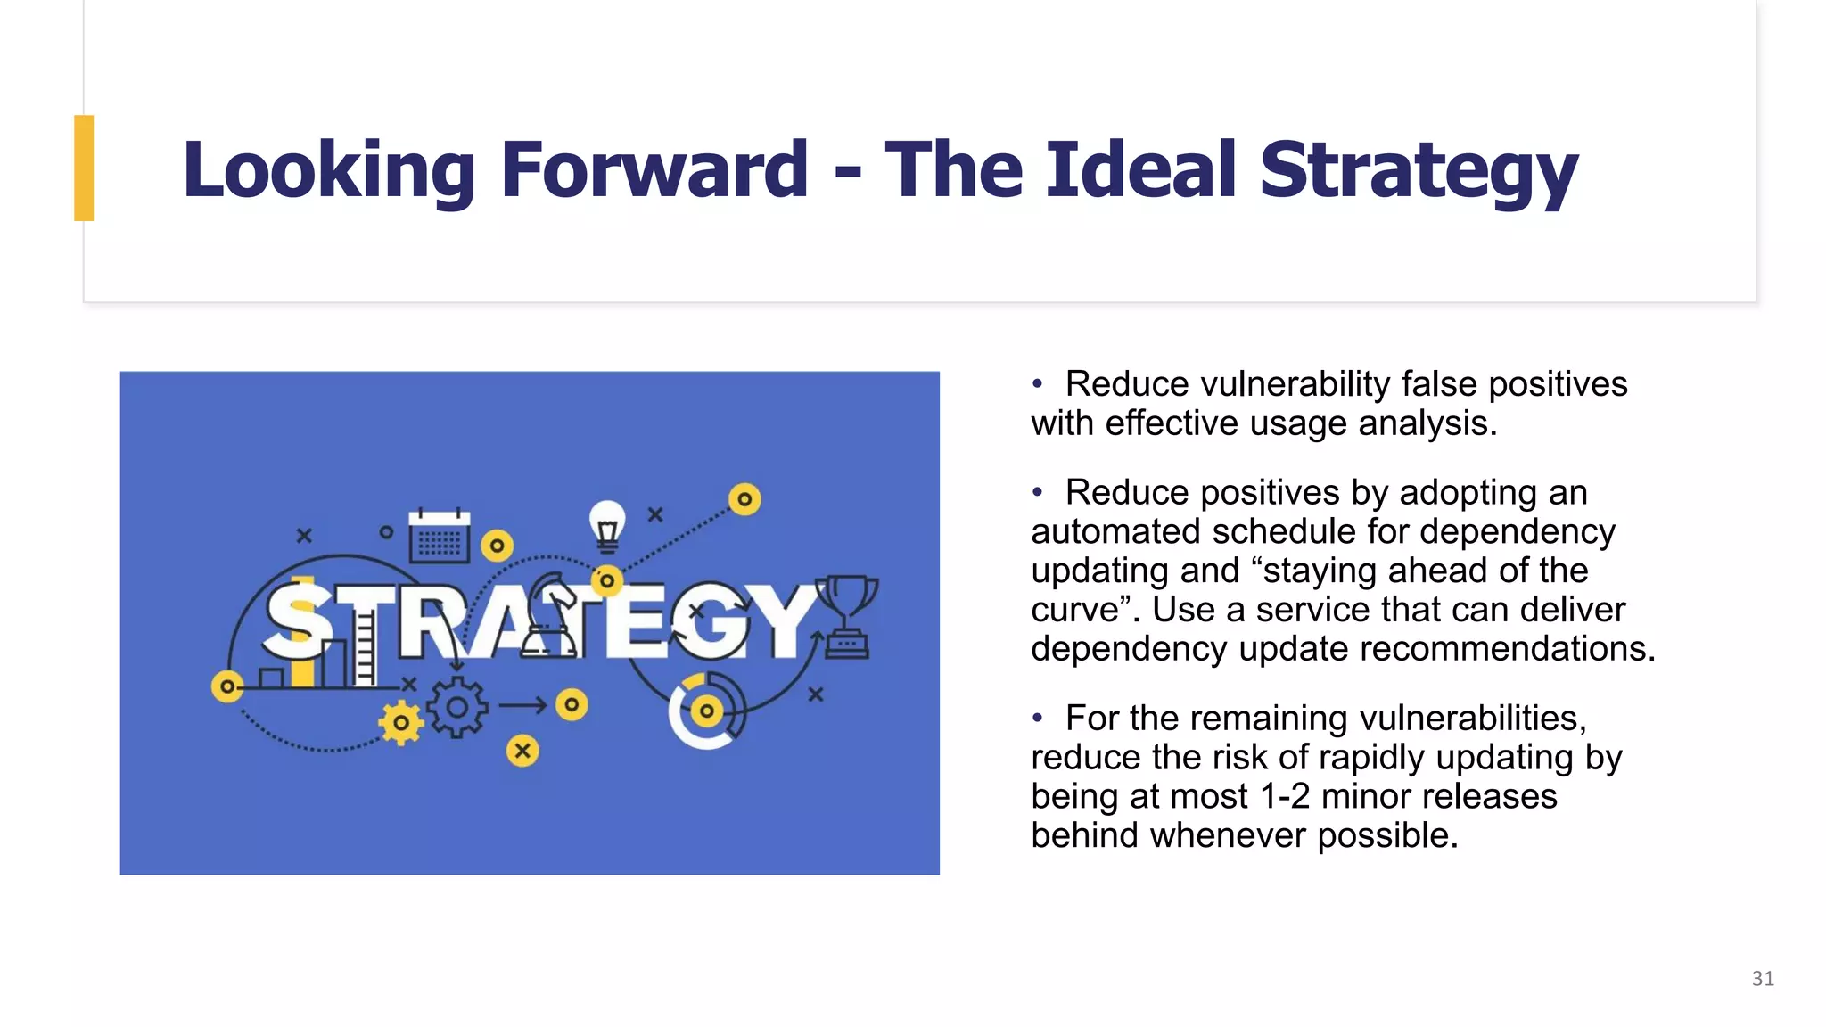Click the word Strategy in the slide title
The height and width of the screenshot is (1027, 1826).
tap(1418, 171)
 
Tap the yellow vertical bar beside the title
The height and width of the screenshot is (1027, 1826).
tap(84, 168)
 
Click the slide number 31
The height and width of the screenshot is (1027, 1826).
tap(1762, 978)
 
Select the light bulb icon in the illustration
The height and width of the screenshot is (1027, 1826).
tap(607, 525)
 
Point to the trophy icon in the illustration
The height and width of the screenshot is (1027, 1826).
tap(846, 615)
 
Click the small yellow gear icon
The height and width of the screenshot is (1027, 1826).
tap(401, 722)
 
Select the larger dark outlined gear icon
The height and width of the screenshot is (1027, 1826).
tap(456, 708)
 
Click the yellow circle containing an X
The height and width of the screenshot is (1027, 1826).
tap(522, 751)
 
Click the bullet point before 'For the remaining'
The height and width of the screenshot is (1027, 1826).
tap(1037, 718)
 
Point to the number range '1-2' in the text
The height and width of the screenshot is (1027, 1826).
tap(1285, 796)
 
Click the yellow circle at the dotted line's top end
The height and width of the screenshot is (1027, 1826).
tap(744, 499)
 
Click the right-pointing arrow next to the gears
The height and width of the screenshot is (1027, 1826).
tap(522, 705)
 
